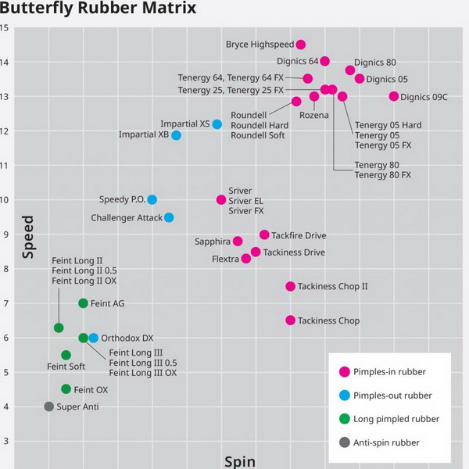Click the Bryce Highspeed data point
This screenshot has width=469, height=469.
(x=301, y=45)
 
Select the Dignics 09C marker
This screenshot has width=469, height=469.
(x=394, y=96)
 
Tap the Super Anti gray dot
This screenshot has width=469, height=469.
(x=48, y=406)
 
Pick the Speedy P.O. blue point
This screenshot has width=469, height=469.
(x=152, y=199)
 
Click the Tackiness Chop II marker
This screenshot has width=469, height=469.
(x=290, y=286)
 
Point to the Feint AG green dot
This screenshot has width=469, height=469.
(x=83, y=303)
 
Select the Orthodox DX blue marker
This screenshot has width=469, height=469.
(x=93, y=338)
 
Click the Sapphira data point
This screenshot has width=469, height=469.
(x=238, y=242)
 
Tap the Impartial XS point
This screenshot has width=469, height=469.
(x=217, y=124)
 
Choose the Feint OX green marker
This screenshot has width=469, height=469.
(x=66, y=389)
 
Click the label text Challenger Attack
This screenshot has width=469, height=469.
(x=127, y=218)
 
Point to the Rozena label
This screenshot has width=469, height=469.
(x=314, y=115)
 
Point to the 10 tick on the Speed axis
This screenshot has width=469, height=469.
(x=5, y=199)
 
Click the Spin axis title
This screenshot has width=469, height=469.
(x=240, y=461)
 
